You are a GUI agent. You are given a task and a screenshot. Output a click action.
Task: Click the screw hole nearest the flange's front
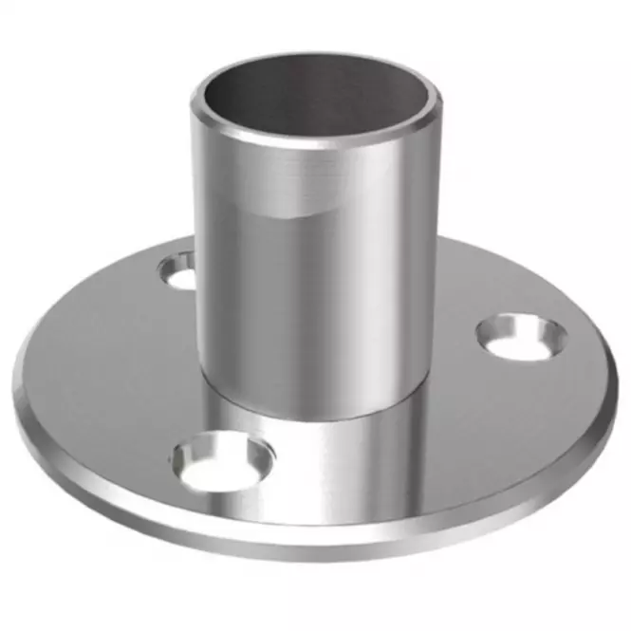tap(223, 460)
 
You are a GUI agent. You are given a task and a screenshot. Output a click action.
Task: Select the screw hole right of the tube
tap(521, 338)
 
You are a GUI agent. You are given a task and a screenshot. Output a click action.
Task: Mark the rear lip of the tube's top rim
tap(313, 58)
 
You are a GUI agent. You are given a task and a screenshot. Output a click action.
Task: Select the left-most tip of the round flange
tap(14, 389)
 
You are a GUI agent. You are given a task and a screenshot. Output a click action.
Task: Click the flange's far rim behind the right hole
tap(531, 275)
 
